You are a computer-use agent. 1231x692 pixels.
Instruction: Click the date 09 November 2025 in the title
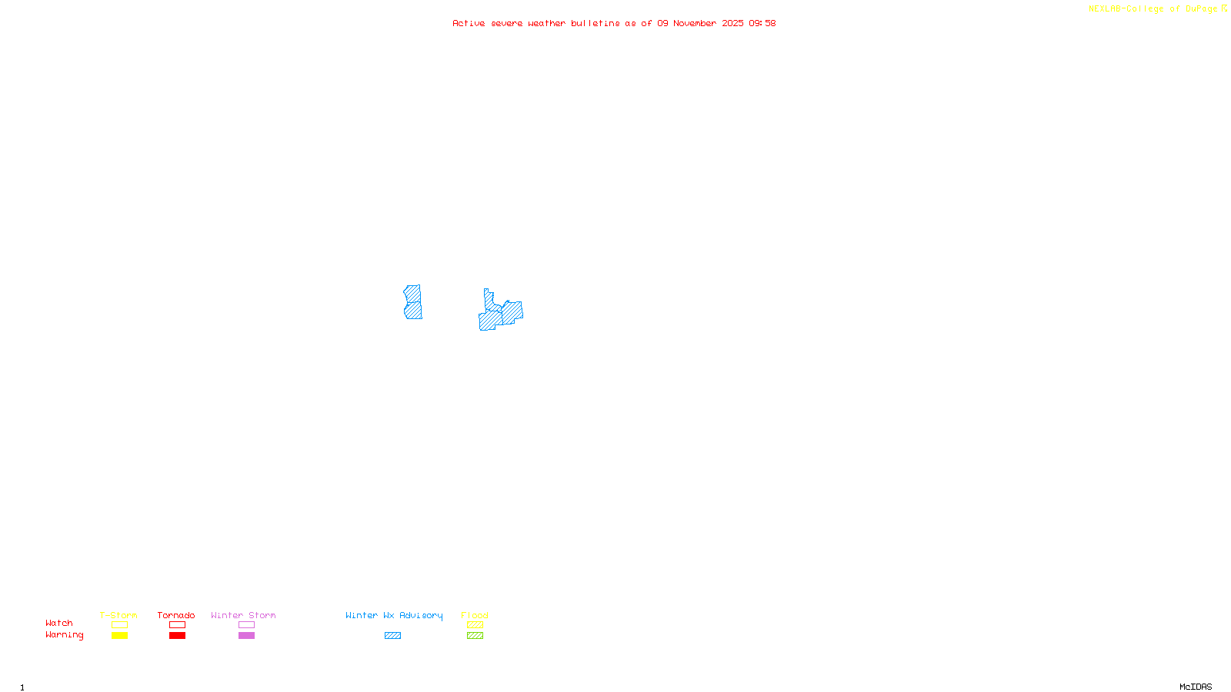[700, 23]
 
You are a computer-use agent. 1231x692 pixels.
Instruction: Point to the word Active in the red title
[469, 23]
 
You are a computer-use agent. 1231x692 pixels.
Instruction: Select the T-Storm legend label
[118, 615]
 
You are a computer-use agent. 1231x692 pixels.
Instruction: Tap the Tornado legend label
[176, 615]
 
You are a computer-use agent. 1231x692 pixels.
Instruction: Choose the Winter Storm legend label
[243, 615]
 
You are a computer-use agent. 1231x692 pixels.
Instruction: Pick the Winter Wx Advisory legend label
[394, 615]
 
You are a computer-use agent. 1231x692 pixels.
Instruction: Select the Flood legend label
[475, 615]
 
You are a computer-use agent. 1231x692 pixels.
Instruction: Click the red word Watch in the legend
[59, 623]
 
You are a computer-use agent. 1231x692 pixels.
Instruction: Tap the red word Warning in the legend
[65, 635]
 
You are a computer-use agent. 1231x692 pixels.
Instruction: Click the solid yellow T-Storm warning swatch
[119, 636]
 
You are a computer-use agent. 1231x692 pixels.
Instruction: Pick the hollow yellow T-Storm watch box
[119, 625]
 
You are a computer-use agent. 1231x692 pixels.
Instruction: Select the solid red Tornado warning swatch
[177, 636]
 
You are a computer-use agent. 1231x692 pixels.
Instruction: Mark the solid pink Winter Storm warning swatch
[246, 636]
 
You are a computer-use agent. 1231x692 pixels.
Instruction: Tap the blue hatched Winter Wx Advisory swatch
[392, 636]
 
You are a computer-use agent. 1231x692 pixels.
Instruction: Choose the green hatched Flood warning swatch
[475, 636]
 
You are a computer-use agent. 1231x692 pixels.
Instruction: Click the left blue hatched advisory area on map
[413, 302]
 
